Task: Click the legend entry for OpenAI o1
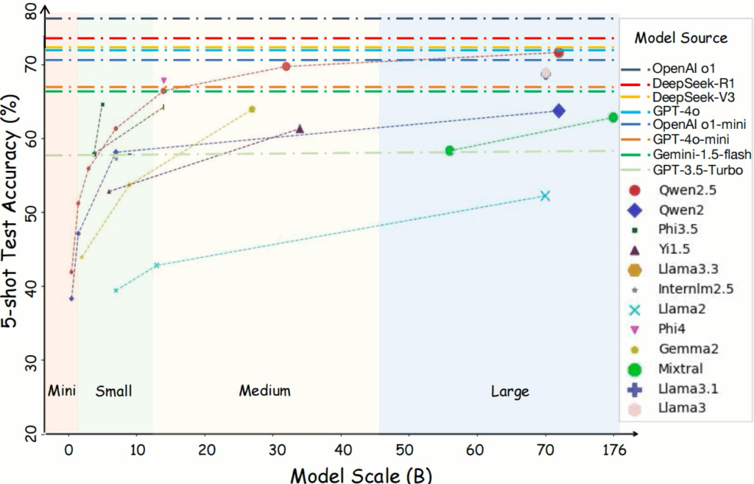point(683,68)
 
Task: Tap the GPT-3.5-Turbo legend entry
point(697,170)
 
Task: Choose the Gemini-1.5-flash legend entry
point(701,155)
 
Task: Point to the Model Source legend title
point(681,38)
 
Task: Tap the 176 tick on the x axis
point(610,449)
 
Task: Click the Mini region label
point(62,390)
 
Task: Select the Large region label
point(510,391)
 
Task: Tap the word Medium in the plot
point(264,390)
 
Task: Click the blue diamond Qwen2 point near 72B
point(559,111)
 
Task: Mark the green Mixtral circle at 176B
point(613,118)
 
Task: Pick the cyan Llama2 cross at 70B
point(545,196)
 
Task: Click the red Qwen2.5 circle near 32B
point(286,66)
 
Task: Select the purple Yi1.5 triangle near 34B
point(300,129)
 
